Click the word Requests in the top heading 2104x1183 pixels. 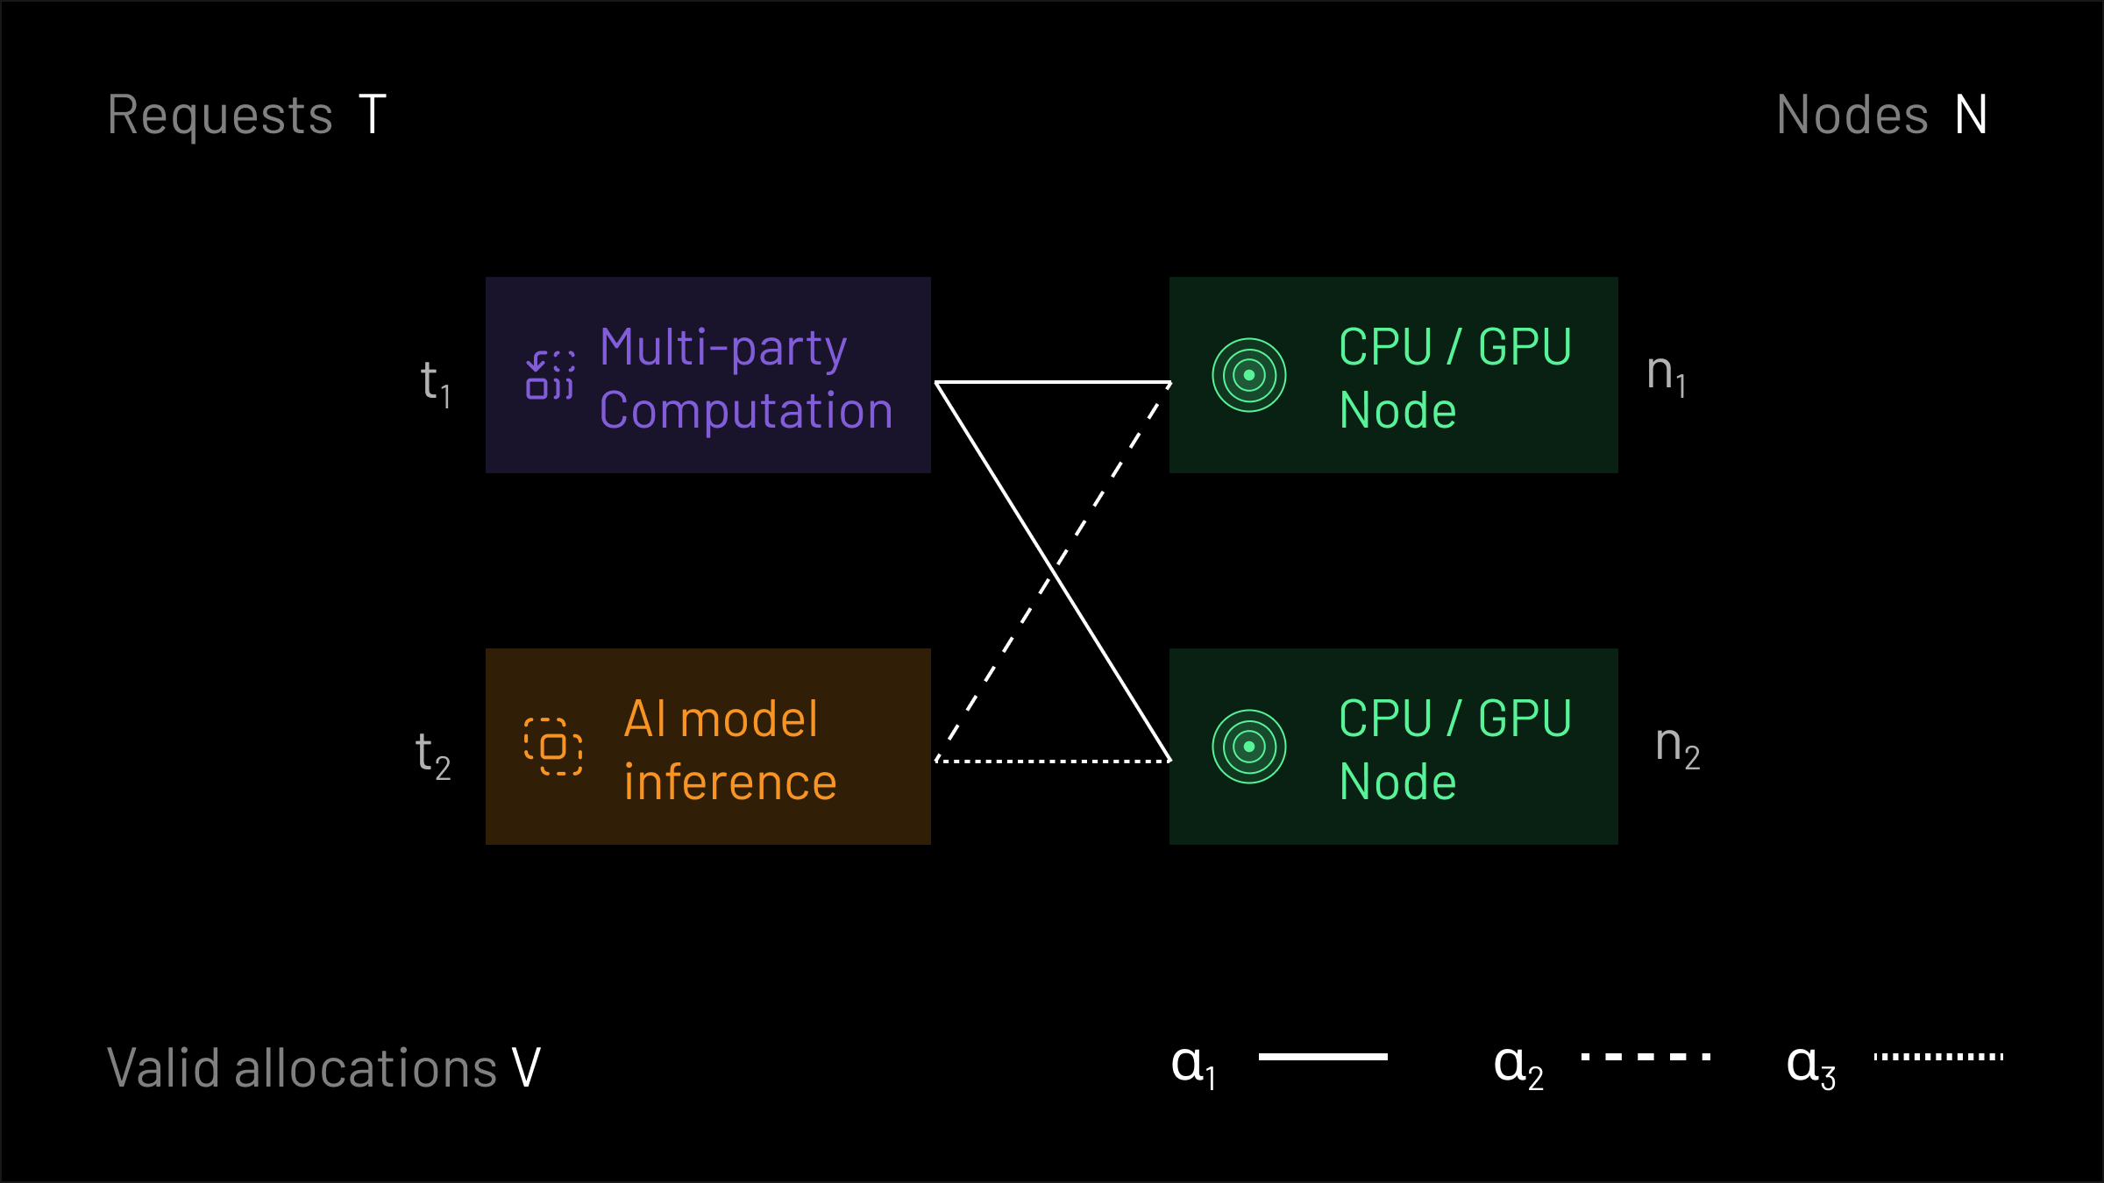pyautogui.click(x=220, y=116)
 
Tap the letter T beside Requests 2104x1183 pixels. pyautogui.click(x=373, y=116)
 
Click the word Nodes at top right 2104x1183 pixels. pyautogui.click(x=1852, y=116)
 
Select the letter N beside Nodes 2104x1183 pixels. pyautogui.click(x=1971, y=116)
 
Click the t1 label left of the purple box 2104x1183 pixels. pyautogui.click(x=435, y=383)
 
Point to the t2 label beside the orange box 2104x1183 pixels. pyautogui.click(x=432, y=754)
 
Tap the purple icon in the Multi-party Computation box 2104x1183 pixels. pyautogui.click(x=551, y=375)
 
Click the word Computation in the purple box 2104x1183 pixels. pyautogui.click(x=746, y=411)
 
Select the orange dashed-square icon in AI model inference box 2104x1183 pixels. pyautogui.click(x=553, y=747)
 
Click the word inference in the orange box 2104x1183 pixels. pyautogui.click(x=730, y=783)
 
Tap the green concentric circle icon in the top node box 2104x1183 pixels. pyautogui.click(x=1248, y=375)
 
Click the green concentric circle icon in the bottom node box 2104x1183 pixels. pyautogui.click(x=1248, y=747)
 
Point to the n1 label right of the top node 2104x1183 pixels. pyautogui.click(x=1666, y=374)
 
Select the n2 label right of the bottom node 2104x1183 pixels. pyautogui.click(x=1676, y=746)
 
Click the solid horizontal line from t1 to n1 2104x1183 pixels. pyautogui.click(x=1052, y=382)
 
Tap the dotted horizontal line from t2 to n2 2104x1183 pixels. pyautogui.click(x=1052, y=761)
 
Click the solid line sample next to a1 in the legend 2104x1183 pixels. pyautogui.click(x=1322, y=1057)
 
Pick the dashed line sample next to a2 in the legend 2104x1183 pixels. pyautogui.click(x=1646, y=1057)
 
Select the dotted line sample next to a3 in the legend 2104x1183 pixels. pyautogui.click(x=1938, y=1057)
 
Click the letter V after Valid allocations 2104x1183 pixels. pyautogui.click(x=526, y=1068)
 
